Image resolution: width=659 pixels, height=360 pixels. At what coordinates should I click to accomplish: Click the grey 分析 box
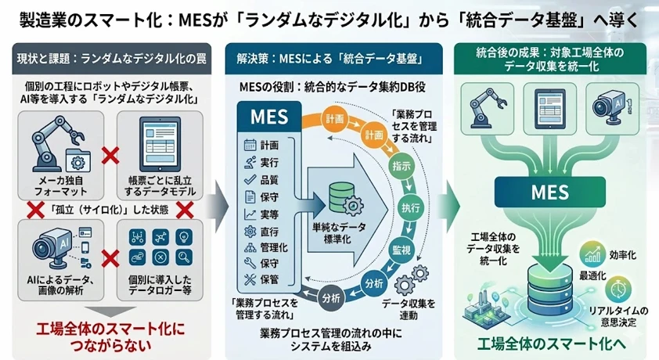click(x=330, y=297)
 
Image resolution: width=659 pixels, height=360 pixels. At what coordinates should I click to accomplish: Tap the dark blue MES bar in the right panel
click(x=546, y=191)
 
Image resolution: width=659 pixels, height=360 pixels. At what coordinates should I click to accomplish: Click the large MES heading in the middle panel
click(x=267, y=118)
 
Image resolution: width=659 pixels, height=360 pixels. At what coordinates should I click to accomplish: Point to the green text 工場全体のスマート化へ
click(x=546, y=342)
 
